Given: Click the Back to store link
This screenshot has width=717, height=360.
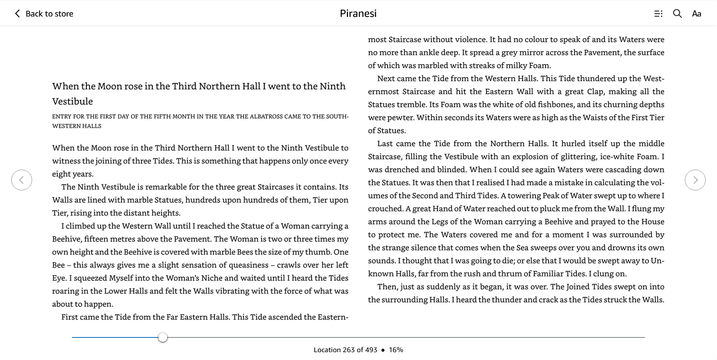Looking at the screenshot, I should [x=44, y=13].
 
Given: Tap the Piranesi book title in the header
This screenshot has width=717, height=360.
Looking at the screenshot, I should [x=358, y=13].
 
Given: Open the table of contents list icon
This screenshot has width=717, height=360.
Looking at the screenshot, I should [x=658, y=14].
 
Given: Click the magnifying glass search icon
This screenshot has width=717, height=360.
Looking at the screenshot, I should [x=677, y=13].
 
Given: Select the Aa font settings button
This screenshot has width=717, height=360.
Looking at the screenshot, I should [x=696, y=14].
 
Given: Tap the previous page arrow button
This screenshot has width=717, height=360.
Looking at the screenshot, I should [x=22, y=180].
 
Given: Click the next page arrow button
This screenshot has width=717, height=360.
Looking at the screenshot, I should [x=695, y=180].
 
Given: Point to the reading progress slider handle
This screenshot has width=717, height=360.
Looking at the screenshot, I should [x=163, y=337].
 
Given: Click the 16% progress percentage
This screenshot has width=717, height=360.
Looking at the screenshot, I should [x=396, y=350].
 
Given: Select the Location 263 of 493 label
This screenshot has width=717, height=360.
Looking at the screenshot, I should [x=345, y=350].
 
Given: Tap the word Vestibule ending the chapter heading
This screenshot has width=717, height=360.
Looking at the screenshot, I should [x=72, y=101].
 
